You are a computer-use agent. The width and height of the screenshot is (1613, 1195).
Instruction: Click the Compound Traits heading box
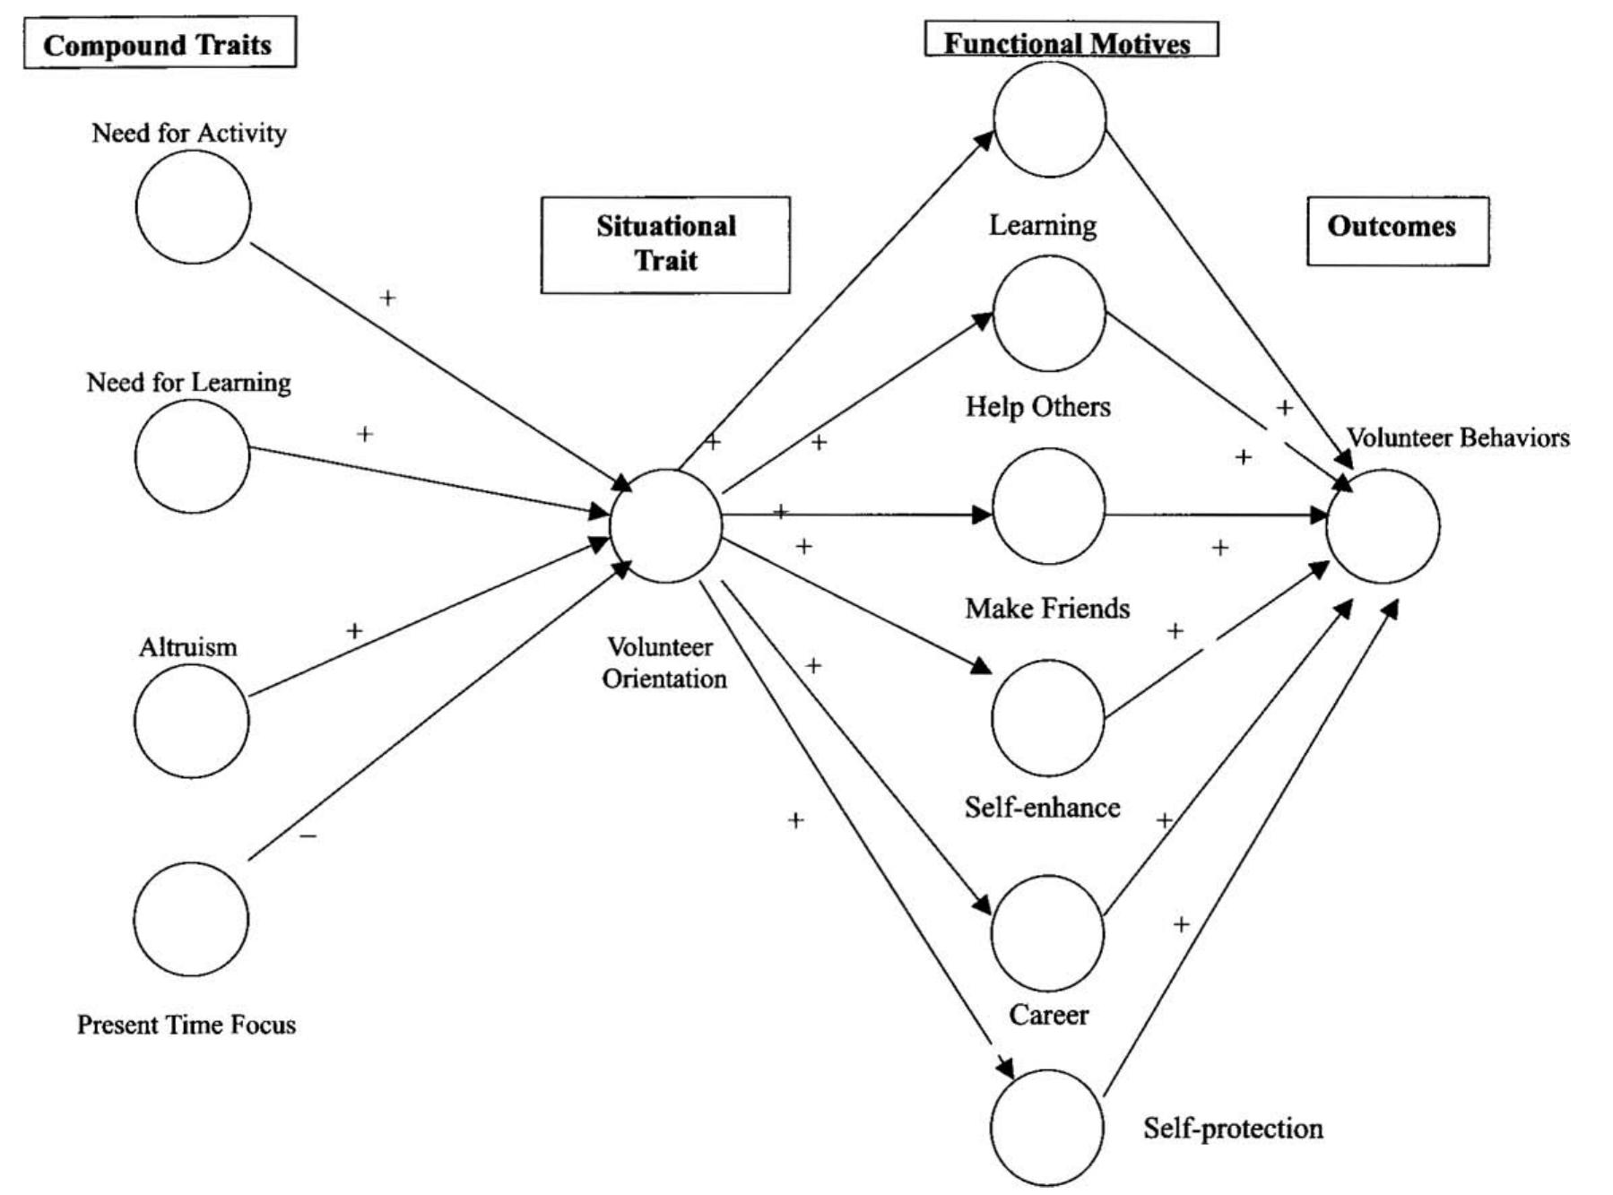[159, 43]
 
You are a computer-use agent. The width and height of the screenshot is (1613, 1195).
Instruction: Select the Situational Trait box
[665, 244]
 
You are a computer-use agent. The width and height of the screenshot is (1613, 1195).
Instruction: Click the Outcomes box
[1396, 229]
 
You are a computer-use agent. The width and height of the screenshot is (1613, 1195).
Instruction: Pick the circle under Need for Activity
[193, 206]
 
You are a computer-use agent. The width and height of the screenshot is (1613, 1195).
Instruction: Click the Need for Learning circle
[192, 456]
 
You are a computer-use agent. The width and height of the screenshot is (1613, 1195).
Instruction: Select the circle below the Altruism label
[191, 720]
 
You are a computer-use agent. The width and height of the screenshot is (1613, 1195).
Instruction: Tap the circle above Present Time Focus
[191, 918]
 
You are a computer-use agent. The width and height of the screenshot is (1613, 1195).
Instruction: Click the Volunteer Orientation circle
[665, 526]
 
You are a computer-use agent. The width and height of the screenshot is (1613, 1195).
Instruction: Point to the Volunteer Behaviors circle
[1383, 526]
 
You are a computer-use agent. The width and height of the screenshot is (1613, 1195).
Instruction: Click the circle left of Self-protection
[1046, 1127]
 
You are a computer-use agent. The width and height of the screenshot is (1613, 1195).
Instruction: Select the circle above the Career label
[1046, 932]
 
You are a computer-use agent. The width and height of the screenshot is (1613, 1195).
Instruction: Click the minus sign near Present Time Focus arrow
[308, 836]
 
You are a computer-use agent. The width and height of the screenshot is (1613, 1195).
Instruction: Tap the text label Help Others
[1037, 407]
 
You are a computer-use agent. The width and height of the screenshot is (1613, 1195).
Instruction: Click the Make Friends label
[1046, 609]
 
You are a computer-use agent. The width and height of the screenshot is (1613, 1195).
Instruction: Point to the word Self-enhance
[1042, 808]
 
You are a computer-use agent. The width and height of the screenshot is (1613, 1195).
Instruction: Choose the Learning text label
[1042, 225]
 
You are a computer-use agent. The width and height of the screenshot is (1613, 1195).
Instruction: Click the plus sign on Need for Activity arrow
[387, 298]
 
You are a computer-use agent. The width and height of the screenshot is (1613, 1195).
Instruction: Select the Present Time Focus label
[186, 1025]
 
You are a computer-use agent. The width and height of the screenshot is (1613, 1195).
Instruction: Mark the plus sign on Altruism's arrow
[354, 631]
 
